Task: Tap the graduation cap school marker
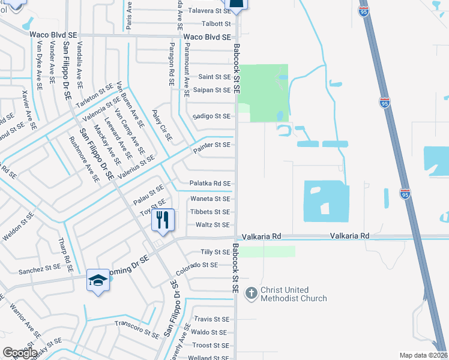98,280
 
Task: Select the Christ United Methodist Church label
294,294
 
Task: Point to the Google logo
19,352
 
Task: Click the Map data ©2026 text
424,355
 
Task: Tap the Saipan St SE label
211,90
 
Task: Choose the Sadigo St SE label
211,116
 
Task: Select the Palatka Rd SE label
210,184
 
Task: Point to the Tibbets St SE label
209,212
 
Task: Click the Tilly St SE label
215,252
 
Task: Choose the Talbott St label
215,23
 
